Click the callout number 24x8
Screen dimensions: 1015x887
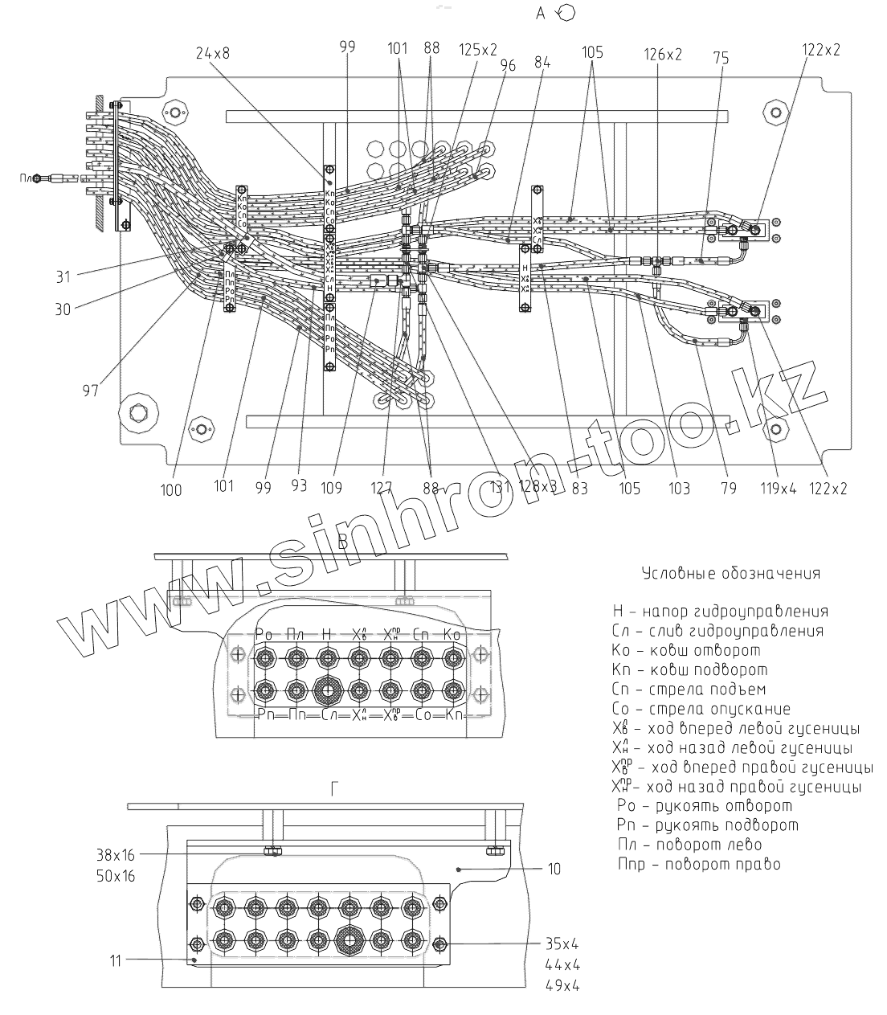(x=212, y=54)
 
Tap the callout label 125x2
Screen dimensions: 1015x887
(x=478, y=50)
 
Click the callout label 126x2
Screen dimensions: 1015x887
(x=663, y=55)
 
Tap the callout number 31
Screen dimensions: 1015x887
(x=63, y=276)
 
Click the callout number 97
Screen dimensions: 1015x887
(x=90, y=391)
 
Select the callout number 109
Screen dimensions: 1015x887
(x=331, y=487)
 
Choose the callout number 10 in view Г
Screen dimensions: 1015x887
(x=554, y=869)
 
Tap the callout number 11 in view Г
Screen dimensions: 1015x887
(x=115, y=960)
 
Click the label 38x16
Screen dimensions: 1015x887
(x=115, y=855)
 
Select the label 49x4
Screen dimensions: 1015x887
(x=562, y=985)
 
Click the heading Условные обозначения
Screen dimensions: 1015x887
(x=731, y=574)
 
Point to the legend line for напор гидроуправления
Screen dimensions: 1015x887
(x=720, y=612)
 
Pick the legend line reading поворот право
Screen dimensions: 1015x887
(x=699, y=865)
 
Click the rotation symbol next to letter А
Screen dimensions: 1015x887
(x=566, y=13)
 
